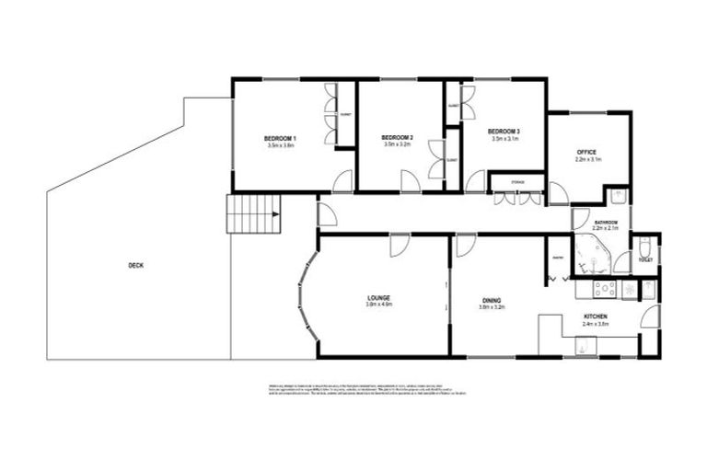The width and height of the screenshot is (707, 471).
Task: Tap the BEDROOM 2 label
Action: tap(397, 138)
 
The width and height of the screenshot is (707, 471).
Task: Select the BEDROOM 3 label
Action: tap(504, 132)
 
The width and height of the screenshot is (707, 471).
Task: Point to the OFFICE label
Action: tap(587, 152)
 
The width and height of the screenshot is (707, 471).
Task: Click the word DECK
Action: tap(135, 266)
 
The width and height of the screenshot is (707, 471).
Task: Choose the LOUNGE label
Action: tap(378, 298)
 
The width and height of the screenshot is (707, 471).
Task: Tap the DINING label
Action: tap(491, 301)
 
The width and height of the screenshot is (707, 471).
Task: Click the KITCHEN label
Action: tap(596, 316)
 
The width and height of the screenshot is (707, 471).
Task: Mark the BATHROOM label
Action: tap(605, 224)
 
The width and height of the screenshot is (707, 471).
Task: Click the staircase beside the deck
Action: tap(252, 215)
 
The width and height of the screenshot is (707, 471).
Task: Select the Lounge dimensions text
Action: tap(378, 305)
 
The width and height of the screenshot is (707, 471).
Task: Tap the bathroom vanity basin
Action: tap(619, 195)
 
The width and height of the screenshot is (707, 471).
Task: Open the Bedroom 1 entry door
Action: tap(343, 181)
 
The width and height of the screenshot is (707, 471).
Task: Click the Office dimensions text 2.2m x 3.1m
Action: tap(587, 159)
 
